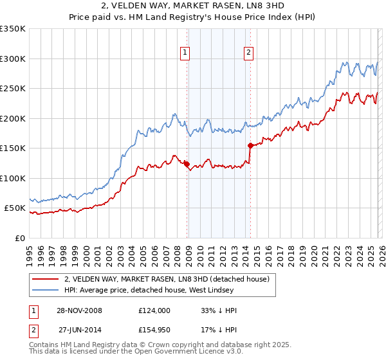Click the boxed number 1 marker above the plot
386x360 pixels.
185,53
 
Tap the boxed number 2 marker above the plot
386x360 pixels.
248,53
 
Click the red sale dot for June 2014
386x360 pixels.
250,146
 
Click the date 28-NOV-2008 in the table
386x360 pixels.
80,310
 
